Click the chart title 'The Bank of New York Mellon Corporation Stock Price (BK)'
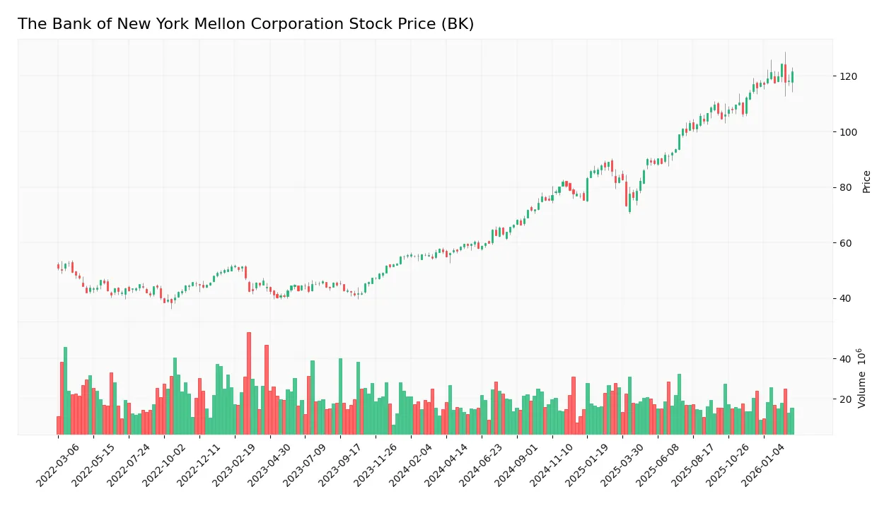[x=245, y=24]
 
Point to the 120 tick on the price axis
[x=848, y=76]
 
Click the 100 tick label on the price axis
[x=848, y=132]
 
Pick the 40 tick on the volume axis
[x=845, y=359]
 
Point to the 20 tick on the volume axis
[x=845, y=399]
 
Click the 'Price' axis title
[x=866, y=182]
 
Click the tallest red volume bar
[x=249, y=383]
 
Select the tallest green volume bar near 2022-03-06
[x=66, y=390]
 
